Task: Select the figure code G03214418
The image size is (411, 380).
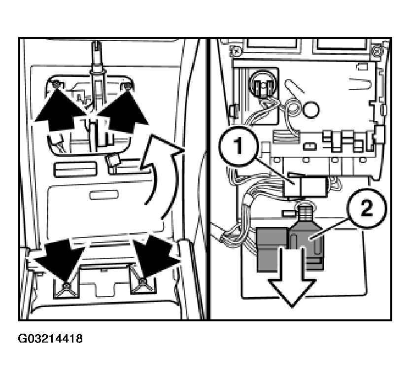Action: click(x=50, y=338)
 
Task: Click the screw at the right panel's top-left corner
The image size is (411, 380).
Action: click(x=235, y=49)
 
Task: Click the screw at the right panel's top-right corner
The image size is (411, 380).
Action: click(x=377, y=49)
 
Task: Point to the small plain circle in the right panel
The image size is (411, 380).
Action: click(x=311, y=109)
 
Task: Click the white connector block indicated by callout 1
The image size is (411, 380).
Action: click(x=306, y=187)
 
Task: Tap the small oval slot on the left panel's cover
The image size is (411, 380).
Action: click(x=104, y=195)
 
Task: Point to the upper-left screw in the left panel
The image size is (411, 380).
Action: click(x=56, y=84)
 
